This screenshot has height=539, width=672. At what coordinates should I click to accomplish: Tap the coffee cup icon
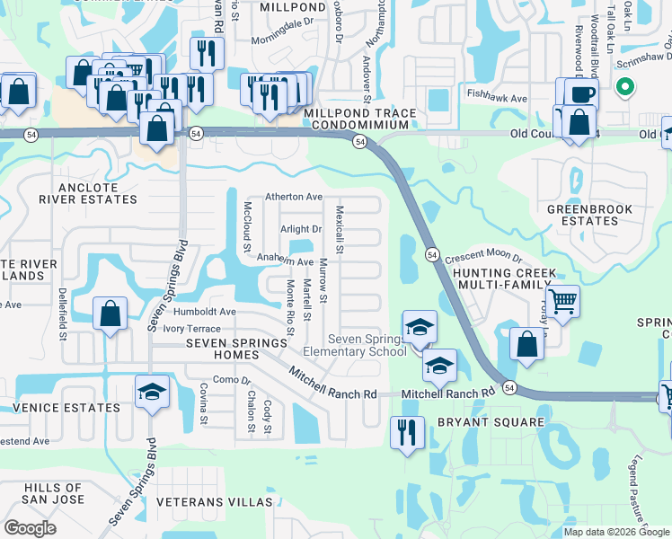581,93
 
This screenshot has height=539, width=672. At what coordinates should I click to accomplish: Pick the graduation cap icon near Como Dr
152,391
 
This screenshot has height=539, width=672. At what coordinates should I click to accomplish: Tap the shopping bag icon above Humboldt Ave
110,314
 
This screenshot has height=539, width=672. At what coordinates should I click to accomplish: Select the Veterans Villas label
214,501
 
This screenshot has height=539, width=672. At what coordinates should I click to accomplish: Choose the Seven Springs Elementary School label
367,345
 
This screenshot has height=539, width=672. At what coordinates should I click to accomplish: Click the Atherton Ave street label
293,197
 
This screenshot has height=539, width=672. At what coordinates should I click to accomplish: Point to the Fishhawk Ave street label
496,93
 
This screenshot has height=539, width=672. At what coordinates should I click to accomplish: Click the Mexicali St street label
340,228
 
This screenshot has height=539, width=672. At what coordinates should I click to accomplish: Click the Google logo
30,528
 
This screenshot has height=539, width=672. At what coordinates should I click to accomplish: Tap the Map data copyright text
616,532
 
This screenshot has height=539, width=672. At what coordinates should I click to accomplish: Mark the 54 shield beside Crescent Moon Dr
431,254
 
